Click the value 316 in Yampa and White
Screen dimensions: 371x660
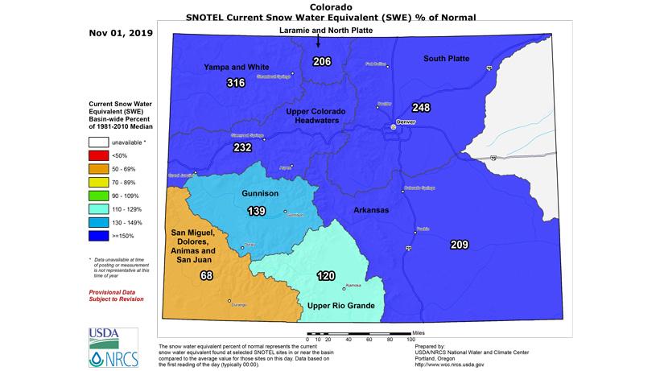coord(236,84)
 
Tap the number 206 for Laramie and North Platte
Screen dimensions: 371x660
coord(322,63)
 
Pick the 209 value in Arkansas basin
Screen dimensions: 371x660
coord(460,245)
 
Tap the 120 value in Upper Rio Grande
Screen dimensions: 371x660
coord(325,276)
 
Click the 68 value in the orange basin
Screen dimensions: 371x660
coord(205,276)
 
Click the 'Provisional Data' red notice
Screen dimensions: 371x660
coord(116,291)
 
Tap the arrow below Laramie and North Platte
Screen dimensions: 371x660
coord(318,44)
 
